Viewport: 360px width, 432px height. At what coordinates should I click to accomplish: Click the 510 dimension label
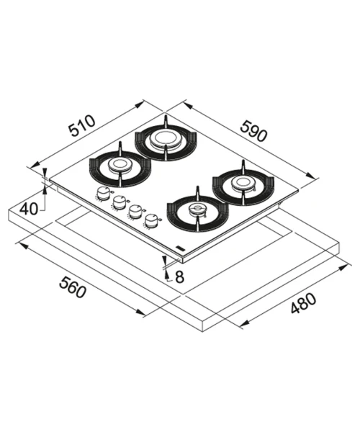(x=82, y=127)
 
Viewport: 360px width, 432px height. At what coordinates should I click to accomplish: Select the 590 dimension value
(x=253, y=131)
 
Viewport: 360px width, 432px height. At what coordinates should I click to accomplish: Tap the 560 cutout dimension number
(x=73, y=287)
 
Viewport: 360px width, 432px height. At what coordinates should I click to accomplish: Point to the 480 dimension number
(x=303, y=304)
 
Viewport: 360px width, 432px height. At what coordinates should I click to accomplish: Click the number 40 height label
(x=29, y=209)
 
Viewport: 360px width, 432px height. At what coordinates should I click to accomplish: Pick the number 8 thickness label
(x=179, y=277)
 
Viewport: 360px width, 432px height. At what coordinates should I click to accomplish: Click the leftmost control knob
(x=103, y=193)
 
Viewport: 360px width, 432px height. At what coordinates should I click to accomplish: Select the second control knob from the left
(x=119, y=202)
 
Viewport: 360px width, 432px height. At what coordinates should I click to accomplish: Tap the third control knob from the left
(x=135, y=212)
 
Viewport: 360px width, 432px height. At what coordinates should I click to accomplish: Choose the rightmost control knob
(x=150, y=221)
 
